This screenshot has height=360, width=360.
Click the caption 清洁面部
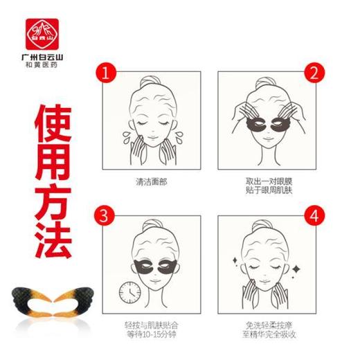pos(152,183)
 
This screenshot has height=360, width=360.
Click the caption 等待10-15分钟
pos(152,332)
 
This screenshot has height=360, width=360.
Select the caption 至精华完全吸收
pos(267,332)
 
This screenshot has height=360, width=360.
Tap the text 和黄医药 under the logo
pos(39,64)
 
